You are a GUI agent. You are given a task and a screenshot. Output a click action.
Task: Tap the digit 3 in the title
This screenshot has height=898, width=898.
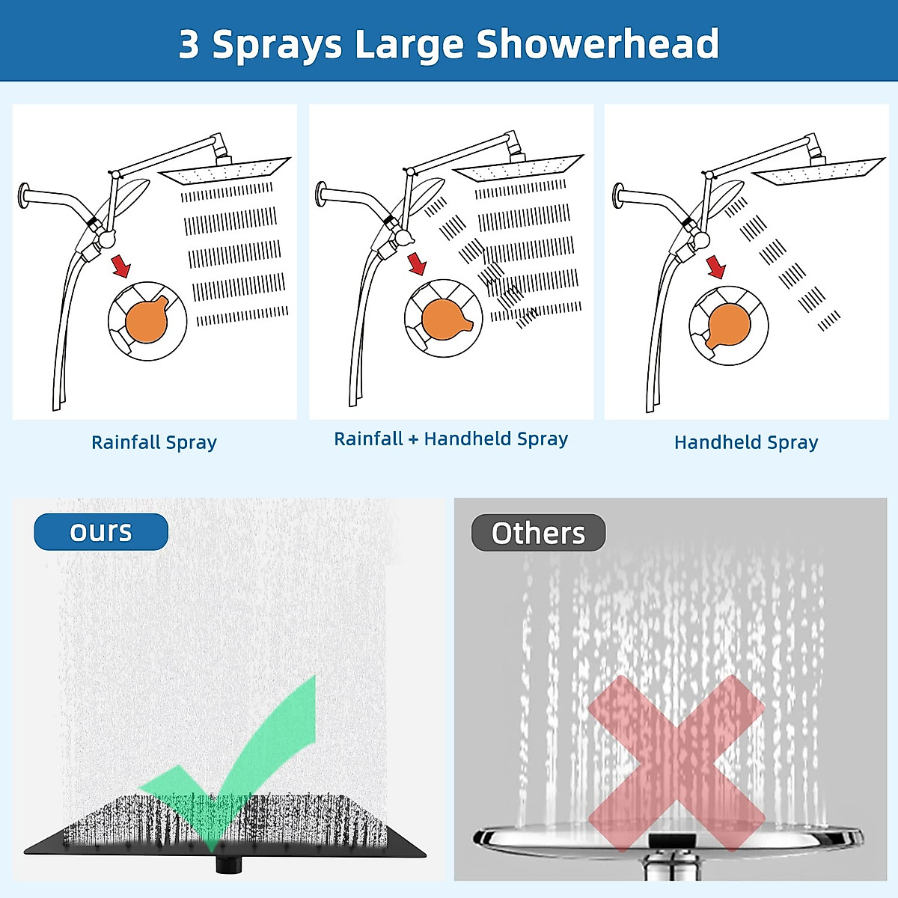tap(189, 45)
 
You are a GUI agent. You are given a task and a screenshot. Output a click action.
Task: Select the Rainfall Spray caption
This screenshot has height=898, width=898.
tap(154, 442)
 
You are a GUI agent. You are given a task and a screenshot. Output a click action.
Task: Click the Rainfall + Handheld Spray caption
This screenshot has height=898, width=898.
tap(450, 439)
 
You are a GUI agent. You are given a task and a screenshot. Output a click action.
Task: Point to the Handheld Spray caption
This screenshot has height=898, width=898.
tap(746, 442)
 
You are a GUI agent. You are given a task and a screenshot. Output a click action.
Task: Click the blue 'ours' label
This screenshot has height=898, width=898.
tap(101, 532)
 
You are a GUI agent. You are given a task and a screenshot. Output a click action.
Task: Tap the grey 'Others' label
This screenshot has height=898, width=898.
tap(538, 533)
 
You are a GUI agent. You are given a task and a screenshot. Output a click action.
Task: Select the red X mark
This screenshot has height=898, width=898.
tap(676, 763)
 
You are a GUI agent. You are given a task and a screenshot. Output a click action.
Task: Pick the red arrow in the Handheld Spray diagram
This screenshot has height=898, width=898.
tap(716, 266)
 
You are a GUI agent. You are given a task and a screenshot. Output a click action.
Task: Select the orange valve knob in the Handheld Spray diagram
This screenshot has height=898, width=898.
tap(727, 325)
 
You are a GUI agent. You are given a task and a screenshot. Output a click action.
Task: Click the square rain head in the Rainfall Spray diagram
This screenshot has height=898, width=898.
tap(224, 171)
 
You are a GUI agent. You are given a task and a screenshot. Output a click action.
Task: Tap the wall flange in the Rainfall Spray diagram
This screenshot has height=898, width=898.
tap(24, 195)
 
